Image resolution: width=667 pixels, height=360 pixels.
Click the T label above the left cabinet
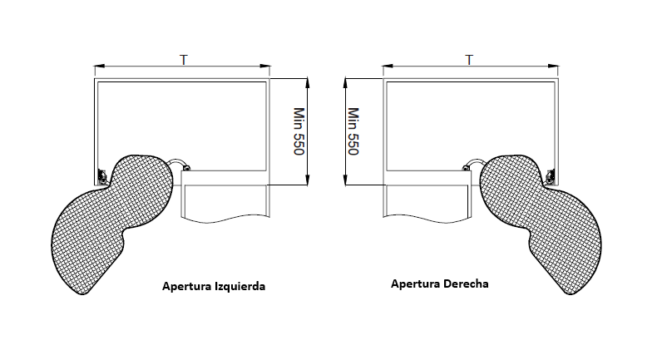pyautogui.click(x=184, y=60)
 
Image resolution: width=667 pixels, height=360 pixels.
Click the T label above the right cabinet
pyautogui.click(x=469, y=60)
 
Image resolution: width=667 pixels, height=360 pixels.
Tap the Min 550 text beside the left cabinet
pyautogui.click(x=299, y=131)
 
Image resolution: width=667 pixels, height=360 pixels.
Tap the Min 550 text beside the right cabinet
pyautogui.click(x=353, y=131)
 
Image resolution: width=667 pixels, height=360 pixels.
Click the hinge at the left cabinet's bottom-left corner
pyautogui.click(x=101, y=176)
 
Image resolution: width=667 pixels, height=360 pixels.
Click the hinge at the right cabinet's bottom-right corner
pyautogui.click(x=551, y=176)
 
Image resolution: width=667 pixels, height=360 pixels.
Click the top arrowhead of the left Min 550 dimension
pyautogui.click(x=308, y=82)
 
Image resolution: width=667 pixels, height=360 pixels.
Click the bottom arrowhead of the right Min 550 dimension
pyautogui.click(x=346, y=180)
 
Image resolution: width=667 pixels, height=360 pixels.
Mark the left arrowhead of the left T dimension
pyautogui.click(x=99, y=66)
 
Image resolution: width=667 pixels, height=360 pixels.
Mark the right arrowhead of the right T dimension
pyautogui.click(x=553, y=66)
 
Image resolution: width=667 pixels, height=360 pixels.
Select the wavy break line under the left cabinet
pyautogui.click(x=225, y=219)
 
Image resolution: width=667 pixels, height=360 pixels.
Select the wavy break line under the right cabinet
pyautogui.click(x=427, y=219)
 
